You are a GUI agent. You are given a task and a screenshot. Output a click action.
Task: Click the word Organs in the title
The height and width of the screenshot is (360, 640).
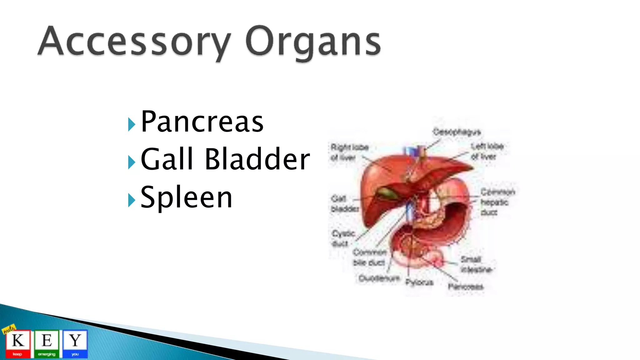[x=312, y=42]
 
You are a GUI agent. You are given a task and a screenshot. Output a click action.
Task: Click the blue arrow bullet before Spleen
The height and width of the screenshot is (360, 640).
[x=132, y=200]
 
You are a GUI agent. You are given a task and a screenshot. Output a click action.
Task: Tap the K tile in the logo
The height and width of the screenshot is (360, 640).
[x=18, y=343]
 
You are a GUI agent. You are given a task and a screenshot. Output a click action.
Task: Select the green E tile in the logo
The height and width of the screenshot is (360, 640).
[x=47, y=343]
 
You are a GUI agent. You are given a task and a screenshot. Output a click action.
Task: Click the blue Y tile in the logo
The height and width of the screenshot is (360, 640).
[x=75, y=343]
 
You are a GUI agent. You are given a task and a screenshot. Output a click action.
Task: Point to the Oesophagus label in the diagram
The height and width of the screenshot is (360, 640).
[x=457, y=132]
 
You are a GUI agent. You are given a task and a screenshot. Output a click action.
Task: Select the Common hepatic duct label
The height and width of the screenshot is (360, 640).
[x=497, y=202]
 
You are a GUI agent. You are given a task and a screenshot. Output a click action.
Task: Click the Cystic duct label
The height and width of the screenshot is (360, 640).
[x=343, y=238]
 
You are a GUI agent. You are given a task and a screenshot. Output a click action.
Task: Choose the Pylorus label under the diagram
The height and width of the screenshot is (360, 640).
[x=419, y=282]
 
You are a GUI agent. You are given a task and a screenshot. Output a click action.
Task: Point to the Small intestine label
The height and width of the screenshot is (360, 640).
[x=475, y=264]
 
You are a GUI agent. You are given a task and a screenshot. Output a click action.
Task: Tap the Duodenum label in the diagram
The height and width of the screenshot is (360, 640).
[x=379, y=278]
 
